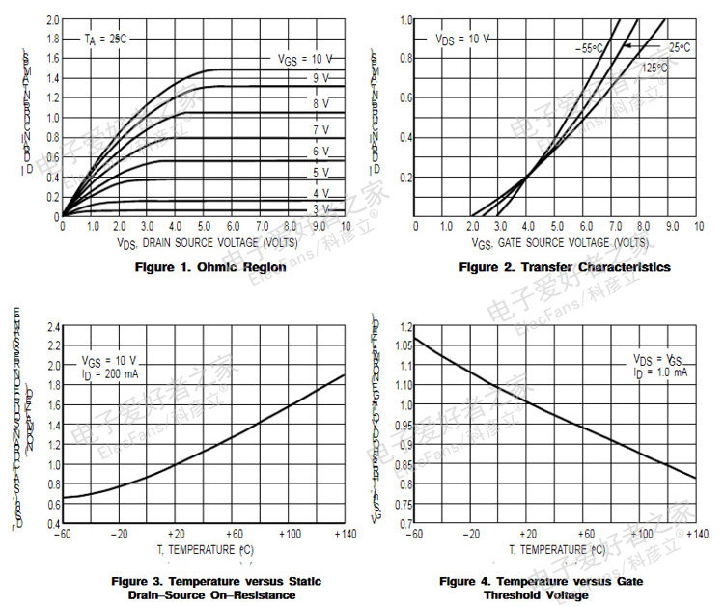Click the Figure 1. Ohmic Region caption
pyautogui.click(x=210, y=267)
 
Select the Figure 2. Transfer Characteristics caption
pyautogui.click(x=564, y=267)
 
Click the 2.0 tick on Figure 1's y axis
pyautogui.click(x=52, y=19)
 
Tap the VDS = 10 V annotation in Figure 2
pyautogui.click(x=461, y=40)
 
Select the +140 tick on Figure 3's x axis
pyautogui.click(x=343, y=533)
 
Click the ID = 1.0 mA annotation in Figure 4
pyautogui.click(x=659, y=372)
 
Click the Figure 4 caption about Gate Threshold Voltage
pyautogui.click(x=541, y=588)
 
